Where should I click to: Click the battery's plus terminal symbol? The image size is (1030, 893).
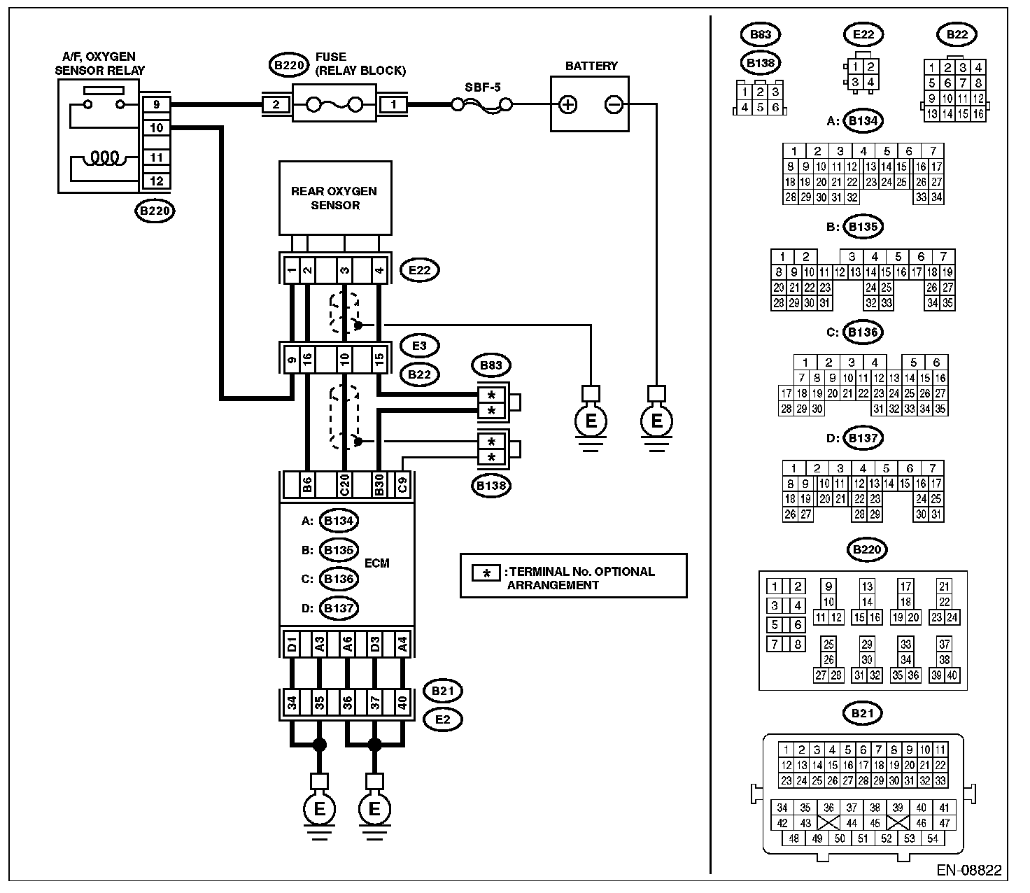pyautogui.click(x=567, y=105)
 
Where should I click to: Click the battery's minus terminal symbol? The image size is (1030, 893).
pyautogui.click(x=614, y=105)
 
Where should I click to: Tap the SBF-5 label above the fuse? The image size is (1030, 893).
pyautogui.click(x=482, y=87)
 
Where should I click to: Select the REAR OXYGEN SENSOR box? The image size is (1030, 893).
pyautogui.click(x=335, y=198)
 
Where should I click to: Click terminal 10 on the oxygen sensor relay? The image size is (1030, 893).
pyautogui.click(x=157, y=128)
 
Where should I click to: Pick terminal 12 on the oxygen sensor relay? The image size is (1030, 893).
pyautogui.click(x=157, y=181)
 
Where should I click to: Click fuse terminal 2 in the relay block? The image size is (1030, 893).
pyautogui.click(x=276, y=105)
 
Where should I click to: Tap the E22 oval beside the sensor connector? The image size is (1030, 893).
pyautogui.click(x=420, y=270)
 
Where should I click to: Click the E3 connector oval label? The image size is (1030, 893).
pyautogui.click(x=420, y=346)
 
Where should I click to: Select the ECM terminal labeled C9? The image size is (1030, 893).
pyautogui.click(x=402, y=484)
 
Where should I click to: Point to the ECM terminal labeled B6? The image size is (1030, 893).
pyautogui.click(x=307, y=484)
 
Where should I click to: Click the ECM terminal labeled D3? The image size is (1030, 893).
pyautogui.click(x=375, y=645)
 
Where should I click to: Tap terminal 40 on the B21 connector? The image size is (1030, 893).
pyautogui.click(x=402, y=703)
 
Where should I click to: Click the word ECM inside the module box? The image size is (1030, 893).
pyautogui.click(x=376, y=563)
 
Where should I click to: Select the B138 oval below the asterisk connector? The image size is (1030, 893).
pyautogui.click(x=491, y=486)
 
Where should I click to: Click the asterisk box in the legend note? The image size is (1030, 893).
pyautogui.click(x=486, y=573)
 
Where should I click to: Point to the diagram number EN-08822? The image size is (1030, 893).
pyautogui.click(x=968, y=870)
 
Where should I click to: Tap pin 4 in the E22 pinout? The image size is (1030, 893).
pyautogui.click(x=870, y=82)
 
